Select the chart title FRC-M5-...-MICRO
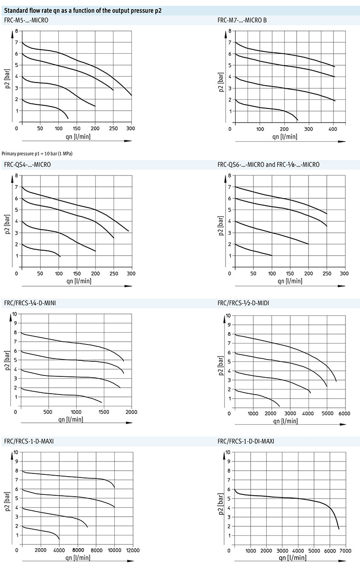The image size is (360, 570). [26, 21]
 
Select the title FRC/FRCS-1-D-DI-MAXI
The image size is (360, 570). [246, 441]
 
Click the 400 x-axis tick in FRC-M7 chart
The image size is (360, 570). [333, 129]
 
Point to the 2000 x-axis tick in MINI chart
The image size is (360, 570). [131, 412]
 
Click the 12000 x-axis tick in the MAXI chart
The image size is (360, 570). [133, 551]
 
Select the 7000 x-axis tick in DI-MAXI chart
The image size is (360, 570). [345, 551]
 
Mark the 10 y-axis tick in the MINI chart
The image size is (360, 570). [15, 314]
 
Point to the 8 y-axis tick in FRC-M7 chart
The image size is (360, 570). [230, 31]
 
